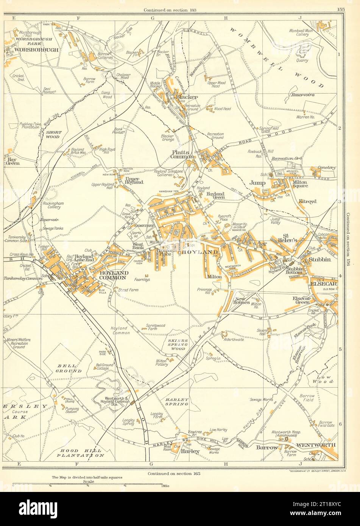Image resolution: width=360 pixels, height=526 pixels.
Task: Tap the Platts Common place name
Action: [x=182, y=154]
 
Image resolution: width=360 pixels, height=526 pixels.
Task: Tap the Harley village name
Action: [x=190, y=451]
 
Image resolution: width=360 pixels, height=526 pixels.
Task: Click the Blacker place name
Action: [x=187, y=97]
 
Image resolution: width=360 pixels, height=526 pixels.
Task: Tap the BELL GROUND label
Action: [x=69, y=369]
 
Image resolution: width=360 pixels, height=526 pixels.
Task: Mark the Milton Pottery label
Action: [x=161, y=363]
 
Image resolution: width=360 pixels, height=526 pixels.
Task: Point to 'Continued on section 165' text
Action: [x=174, y=473]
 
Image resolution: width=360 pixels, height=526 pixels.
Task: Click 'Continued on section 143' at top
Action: [x=173, y=9]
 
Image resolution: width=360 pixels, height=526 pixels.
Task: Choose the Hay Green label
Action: [x=13, y=161]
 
